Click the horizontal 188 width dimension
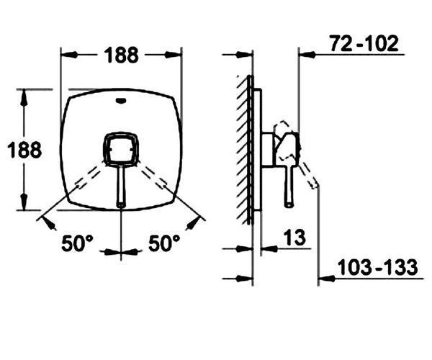[121, 55]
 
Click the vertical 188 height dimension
[24, 150]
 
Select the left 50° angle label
[78, 243]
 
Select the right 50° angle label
[164, 243]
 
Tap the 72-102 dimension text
[364, 43]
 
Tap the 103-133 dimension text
[377, 267]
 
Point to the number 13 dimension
[294, 238]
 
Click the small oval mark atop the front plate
[121, 101]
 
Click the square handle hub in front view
[120, 149]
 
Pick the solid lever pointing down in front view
[121, 186]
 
